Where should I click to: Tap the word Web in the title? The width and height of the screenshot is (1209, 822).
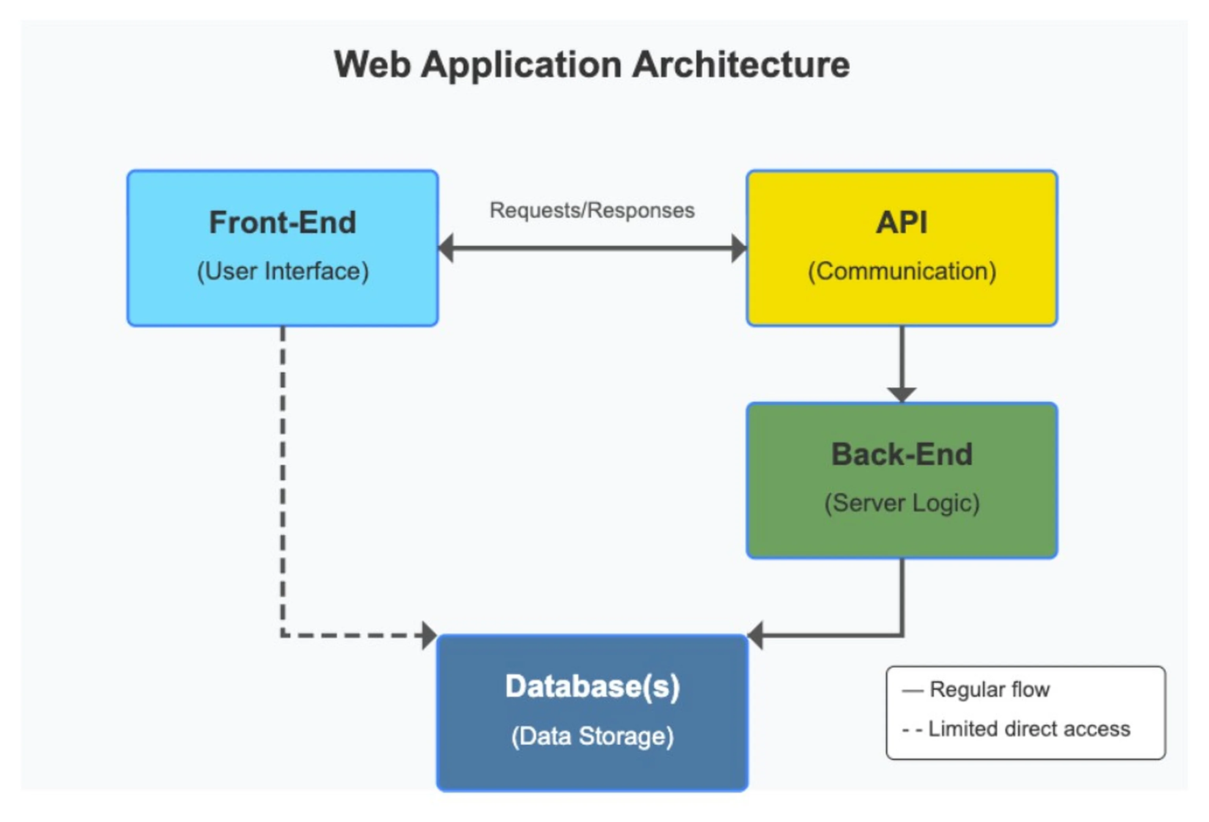coord(372,65)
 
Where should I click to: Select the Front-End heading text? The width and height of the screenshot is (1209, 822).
coord(283,223)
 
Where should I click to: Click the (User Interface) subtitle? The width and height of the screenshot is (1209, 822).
coord(283,271)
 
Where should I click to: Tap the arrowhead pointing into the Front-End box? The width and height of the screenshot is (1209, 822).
coord(446,248)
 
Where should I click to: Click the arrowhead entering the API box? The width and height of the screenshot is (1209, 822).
coord(739,248)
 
